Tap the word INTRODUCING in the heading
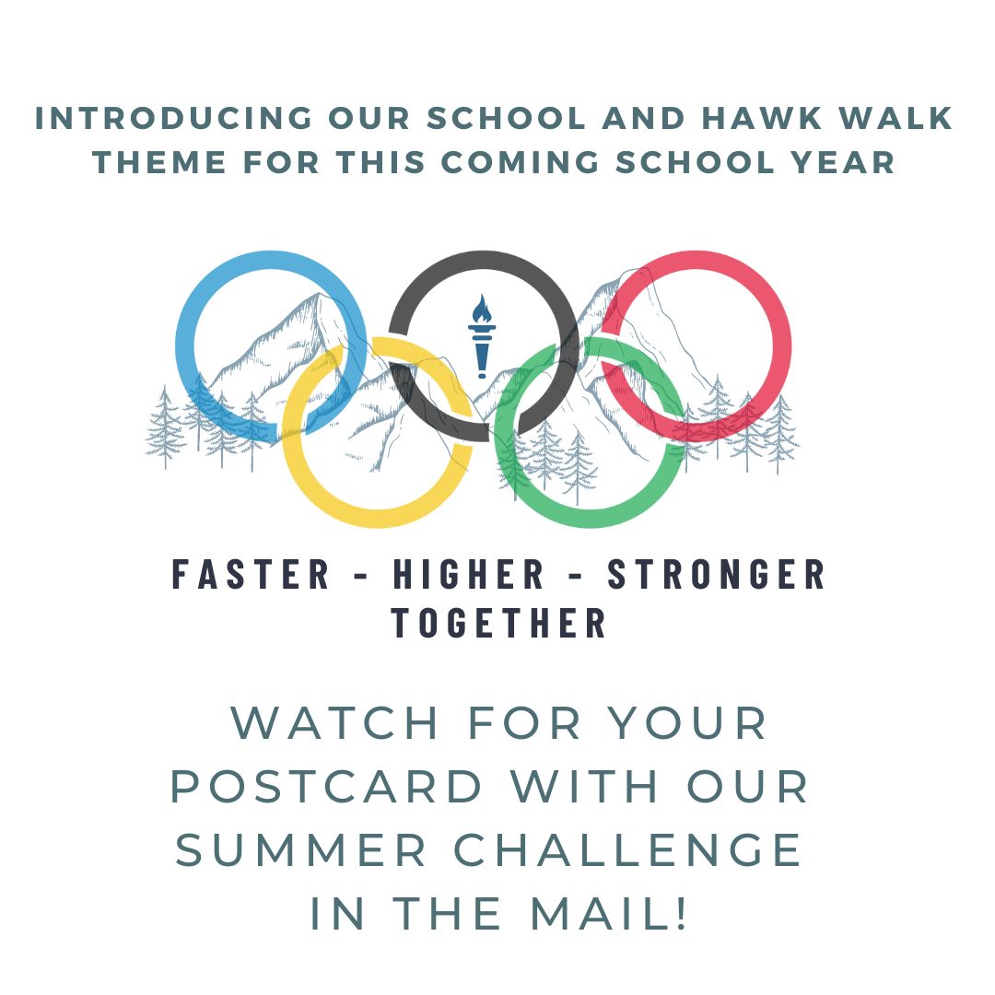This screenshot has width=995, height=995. [x=174, y=119]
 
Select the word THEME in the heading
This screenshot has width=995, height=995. [x=159, y=162]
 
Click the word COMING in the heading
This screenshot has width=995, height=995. [x=521, y=162]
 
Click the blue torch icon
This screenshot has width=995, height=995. [x=482, y=336]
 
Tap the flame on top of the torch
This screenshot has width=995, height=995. [x=482, y=309]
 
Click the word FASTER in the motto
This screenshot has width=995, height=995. [x=251, y=574]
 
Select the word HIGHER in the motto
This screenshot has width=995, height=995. [x=469, y=574]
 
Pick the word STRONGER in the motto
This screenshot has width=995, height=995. [x=717, y=574]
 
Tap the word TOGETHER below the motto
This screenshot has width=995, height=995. [x=498, y=623]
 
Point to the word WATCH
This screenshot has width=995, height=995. [x=334, y=723]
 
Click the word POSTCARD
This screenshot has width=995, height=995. [x=327, y=786]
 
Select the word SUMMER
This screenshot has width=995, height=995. [x=300, y=850]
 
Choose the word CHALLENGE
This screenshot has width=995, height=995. [x=628, y=850]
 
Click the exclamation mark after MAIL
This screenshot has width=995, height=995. [x=681, y=914]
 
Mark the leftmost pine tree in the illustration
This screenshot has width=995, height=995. [x=165, y=427]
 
